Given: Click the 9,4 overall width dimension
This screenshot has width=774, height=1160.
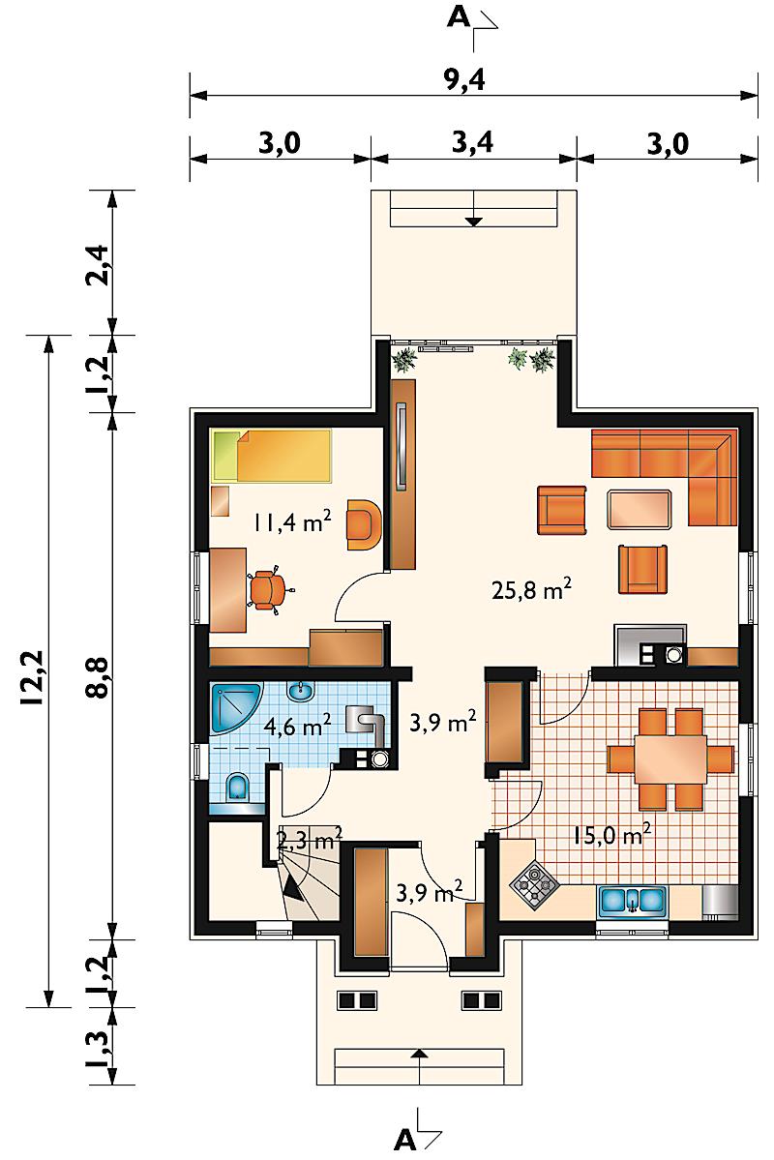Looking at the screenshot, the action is click(x=464, y=78).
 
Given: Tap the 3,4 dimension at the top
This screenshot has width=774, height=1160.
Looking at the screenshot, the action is click(x=472, y=142).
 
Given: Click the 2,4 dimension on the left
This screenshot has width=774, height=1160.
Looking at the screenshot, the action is click(x=99, y=264).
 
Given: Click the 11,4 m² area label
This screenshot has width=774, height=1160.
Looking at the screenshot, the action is click(x=289, y=522).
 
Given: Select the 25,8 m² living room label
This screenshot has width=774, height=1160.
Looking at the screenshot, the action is click(x=531, y=589).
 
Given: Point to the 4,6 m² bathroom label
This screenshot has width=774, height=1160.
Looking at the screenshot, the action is click(x=297, y=726).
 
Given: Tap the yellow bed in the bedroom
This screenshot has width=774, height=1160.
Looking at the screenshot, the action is click(x=271, y=457).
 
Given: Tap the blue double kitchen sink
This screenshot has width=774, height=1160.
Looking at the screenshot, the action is click(x=630, y=901).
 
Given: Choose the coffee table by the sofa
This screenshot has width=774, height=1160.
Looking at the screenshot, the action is click(x=640, y=509).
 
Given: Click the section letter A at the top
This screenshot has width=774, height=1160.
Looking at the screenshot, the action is click(x=459, y=17).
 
